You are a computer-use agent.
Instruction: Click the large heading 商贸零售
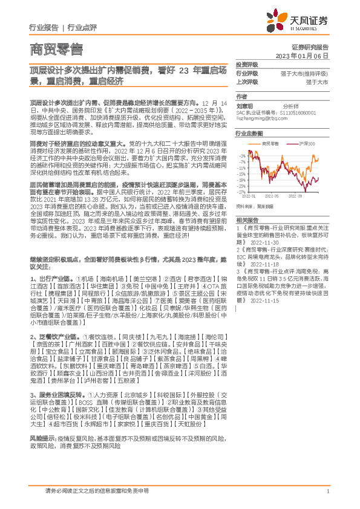point(55,48)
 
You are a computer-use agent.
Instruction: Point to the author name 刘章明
point(243,105)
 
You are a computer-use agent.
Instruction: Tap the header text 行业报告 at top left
point(44,28)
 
